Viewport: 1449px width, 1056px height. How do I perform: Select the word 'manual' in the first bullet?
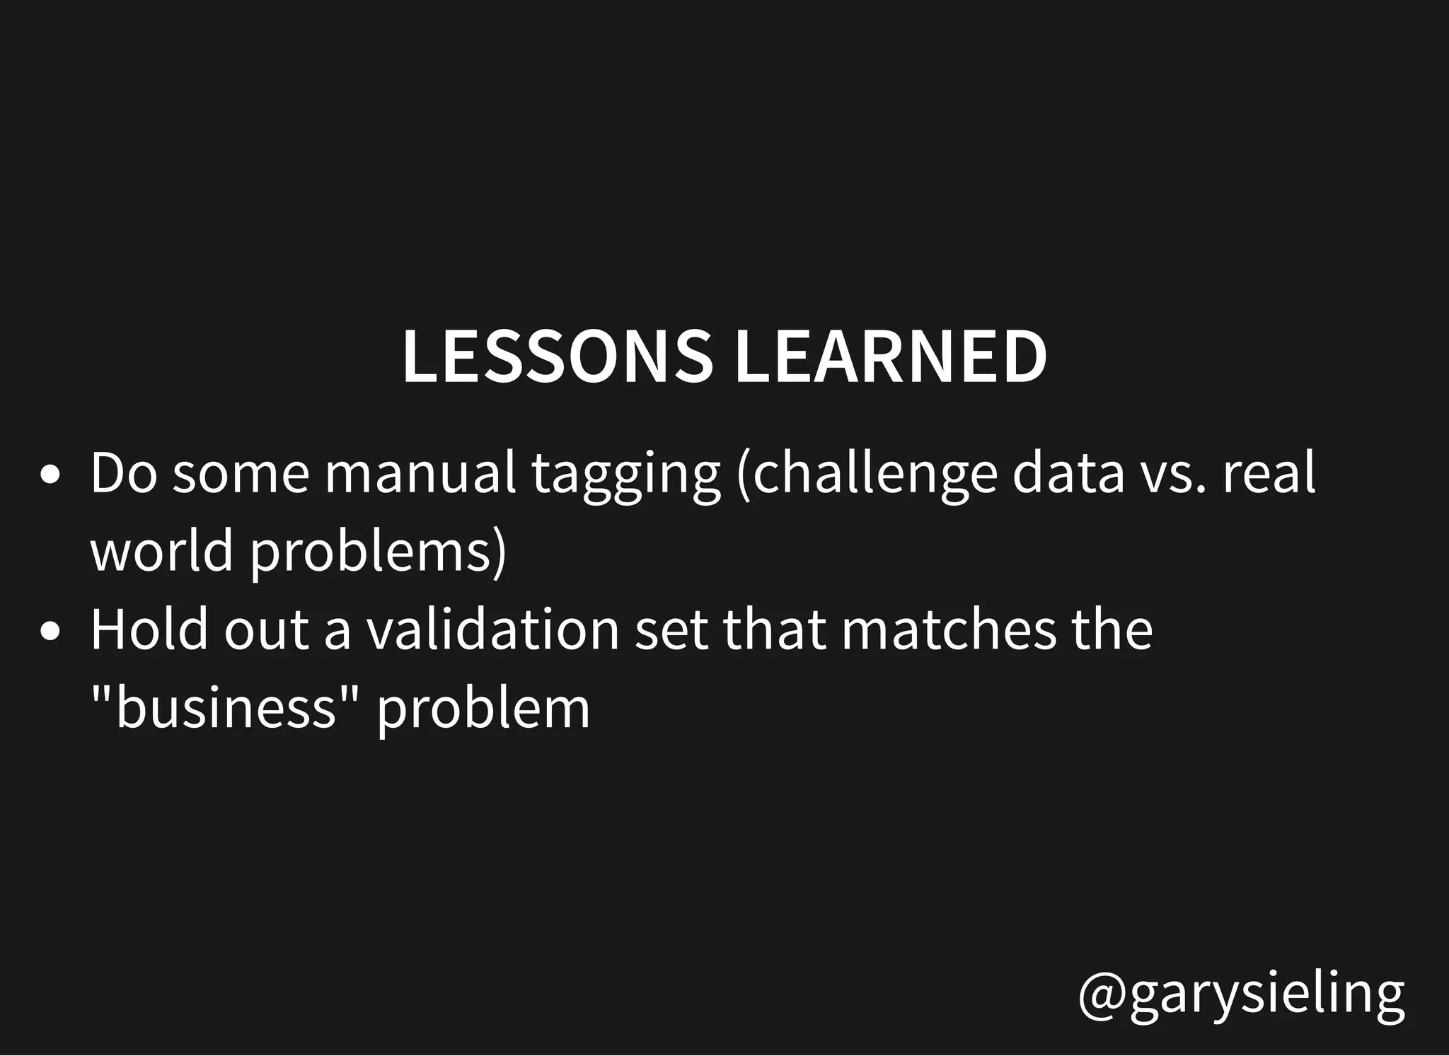coord(420,473)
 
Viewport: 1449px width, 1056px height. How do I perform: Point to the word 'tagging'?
coord(625,477)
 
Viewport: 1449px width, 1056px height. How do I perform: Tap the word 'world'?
coord(162,551)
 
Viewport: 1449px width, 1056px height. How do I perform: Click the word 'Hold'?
coord(149,629)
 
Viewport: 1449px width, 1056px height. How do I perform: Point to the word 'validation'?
coord(493,629)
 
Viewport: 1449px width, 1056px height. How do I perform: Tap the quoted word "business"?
coord(224,707)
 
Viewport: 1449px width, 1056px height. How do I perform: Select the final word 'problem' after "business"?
coord(483,709)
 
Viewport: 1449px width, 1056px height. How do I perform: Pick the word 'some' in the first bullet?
coord(241,475)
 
